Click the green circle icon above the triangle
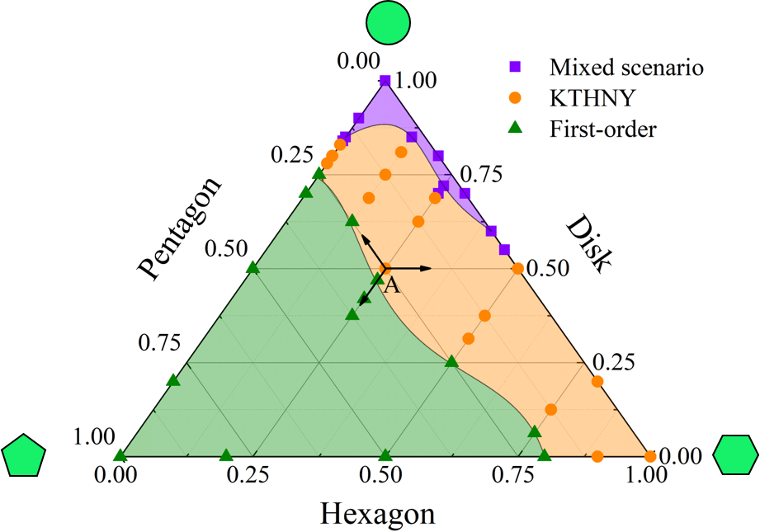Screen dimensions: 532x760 pos(388,23)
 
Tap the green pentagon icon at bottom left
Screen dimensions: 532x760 pos(25,456)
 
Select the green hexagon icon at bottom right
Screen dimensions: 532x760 pos(734,455)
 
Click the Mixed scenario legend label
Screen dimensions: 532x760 pos(626,67)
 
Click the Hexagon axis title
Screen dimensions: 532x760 pos(377,514)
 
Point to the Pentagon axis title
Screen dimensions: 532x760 pos(180,228)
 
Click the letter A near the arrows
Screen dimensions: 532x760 pos(392,286)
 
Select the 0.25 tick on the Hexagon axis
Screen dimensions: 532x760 pos(252,475)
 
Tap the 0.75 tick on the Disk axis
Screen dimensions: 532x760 pos(481,174)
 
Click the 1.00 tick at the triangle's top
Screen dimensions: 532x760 pos(416,81)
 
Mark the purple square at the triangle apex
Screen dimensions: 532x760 pos(385,80)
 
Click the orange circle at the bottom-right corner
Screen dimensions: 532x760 pos(649,456)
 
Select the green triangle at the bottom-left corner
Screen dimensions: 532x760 pos(120,455)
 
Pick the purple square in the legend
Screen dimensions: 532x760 pos(515,66)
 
